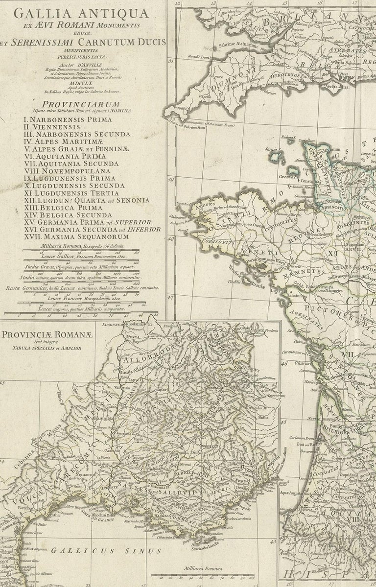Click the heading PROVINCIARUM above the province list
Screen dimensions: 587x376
81,104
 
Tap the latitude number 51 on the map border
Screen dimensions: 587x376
171,62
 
